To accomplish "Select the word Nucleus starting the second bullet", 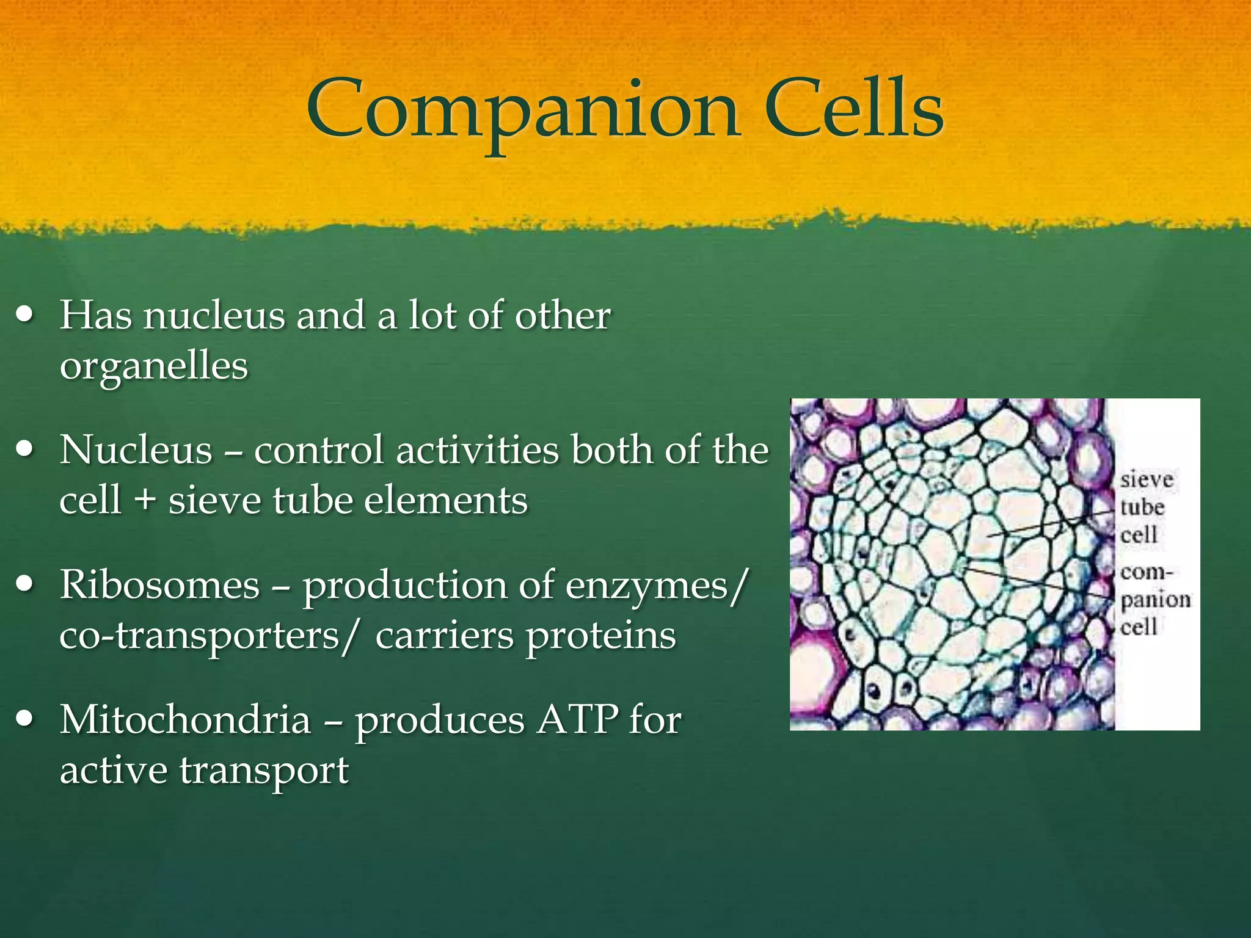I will pyautogui.click(x=136, y=450).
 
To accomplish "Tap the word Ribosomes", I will pyautogui.click(x=160, y=585).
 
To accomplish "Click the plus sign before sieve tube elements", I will pyautogui.click(x=145, y=501).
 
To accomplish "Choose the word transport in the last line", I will pyautogui.click(x=264, y=771).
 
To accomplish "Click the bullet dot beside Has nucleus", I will pyautogui.click(x=25, y=316).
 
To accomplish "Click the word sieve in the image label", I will pyautogui.click(x=1147, y=480).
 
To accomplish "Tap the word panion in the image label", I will pyautogui.click(x=1155, y=600).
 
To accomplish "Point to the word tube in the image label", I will pyautogui.click(x=1142, y=507).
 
